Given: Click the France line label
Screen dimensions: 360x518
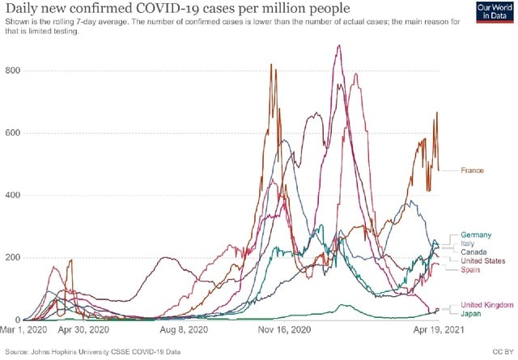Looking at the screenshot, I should click(x=472, y=171).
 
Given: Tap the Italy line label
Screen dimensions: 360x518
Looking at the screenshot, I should click(x=467, y=244).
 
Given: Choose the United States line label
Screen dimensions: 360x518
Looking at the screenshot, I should click(x=482, y=261).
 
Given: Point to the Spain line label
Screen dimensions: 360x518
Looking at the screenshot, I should click(x=470, y=269).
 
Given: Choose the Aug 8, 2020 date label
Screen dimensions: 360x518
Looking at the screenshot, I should click(x=185, y=331).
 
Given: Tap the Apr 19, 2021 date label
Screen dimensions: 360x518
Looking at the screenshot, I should click(x=438, y=331).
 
